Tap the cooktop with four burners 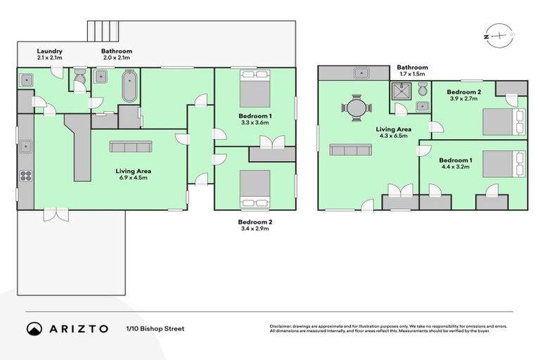25,176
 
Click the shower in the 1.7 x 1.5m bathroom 400,91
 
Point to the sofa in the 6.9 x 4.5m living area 130,146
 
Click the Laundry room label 50,51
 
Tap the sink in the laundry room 25,79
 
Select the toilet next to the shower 422,89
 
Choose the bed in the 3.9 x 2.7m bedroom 501,121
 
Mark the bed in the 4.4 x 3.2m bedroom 501,164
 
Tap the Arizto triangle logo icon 34,328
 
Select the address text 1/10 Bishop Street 155,328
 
